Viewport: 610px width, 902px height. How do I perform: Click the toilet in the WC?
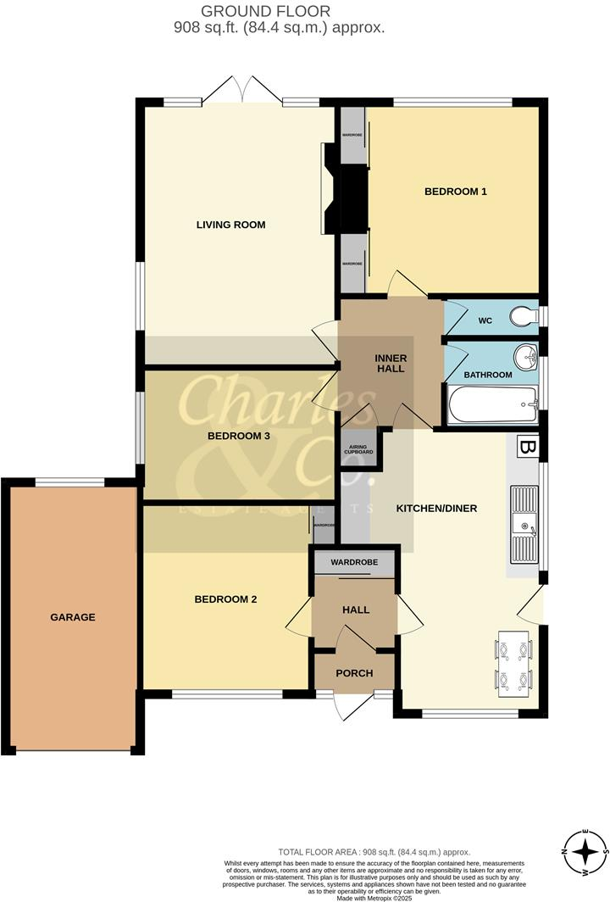(x=524, y=318)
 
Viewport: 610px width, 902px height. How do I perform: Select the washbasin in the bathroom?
(x=526, y=357)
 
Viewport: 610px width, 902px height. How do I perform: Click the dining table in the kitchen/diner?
(x=513, y=662)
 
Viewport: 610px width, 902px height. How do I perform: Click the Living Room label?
(x=231, y=225)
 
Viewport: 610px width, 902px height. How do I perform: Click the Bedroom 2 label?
(x=225, y=599)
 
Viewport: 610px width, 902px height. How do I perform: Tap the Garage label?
(x=72, y=617)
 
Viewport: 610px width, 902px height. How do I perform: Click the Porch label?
(x=354, y=673)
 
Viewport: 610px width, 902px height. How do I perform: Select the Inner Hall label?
(x=391, y=364)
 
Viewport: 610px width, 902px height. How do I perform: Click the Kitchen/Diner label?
(x=437, y=509)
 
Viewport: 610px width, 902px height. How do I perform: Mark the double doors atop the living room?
(x=242, y=89)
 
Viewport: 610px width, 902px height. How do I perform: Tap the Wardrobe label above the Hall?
(x=353, y=562)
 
